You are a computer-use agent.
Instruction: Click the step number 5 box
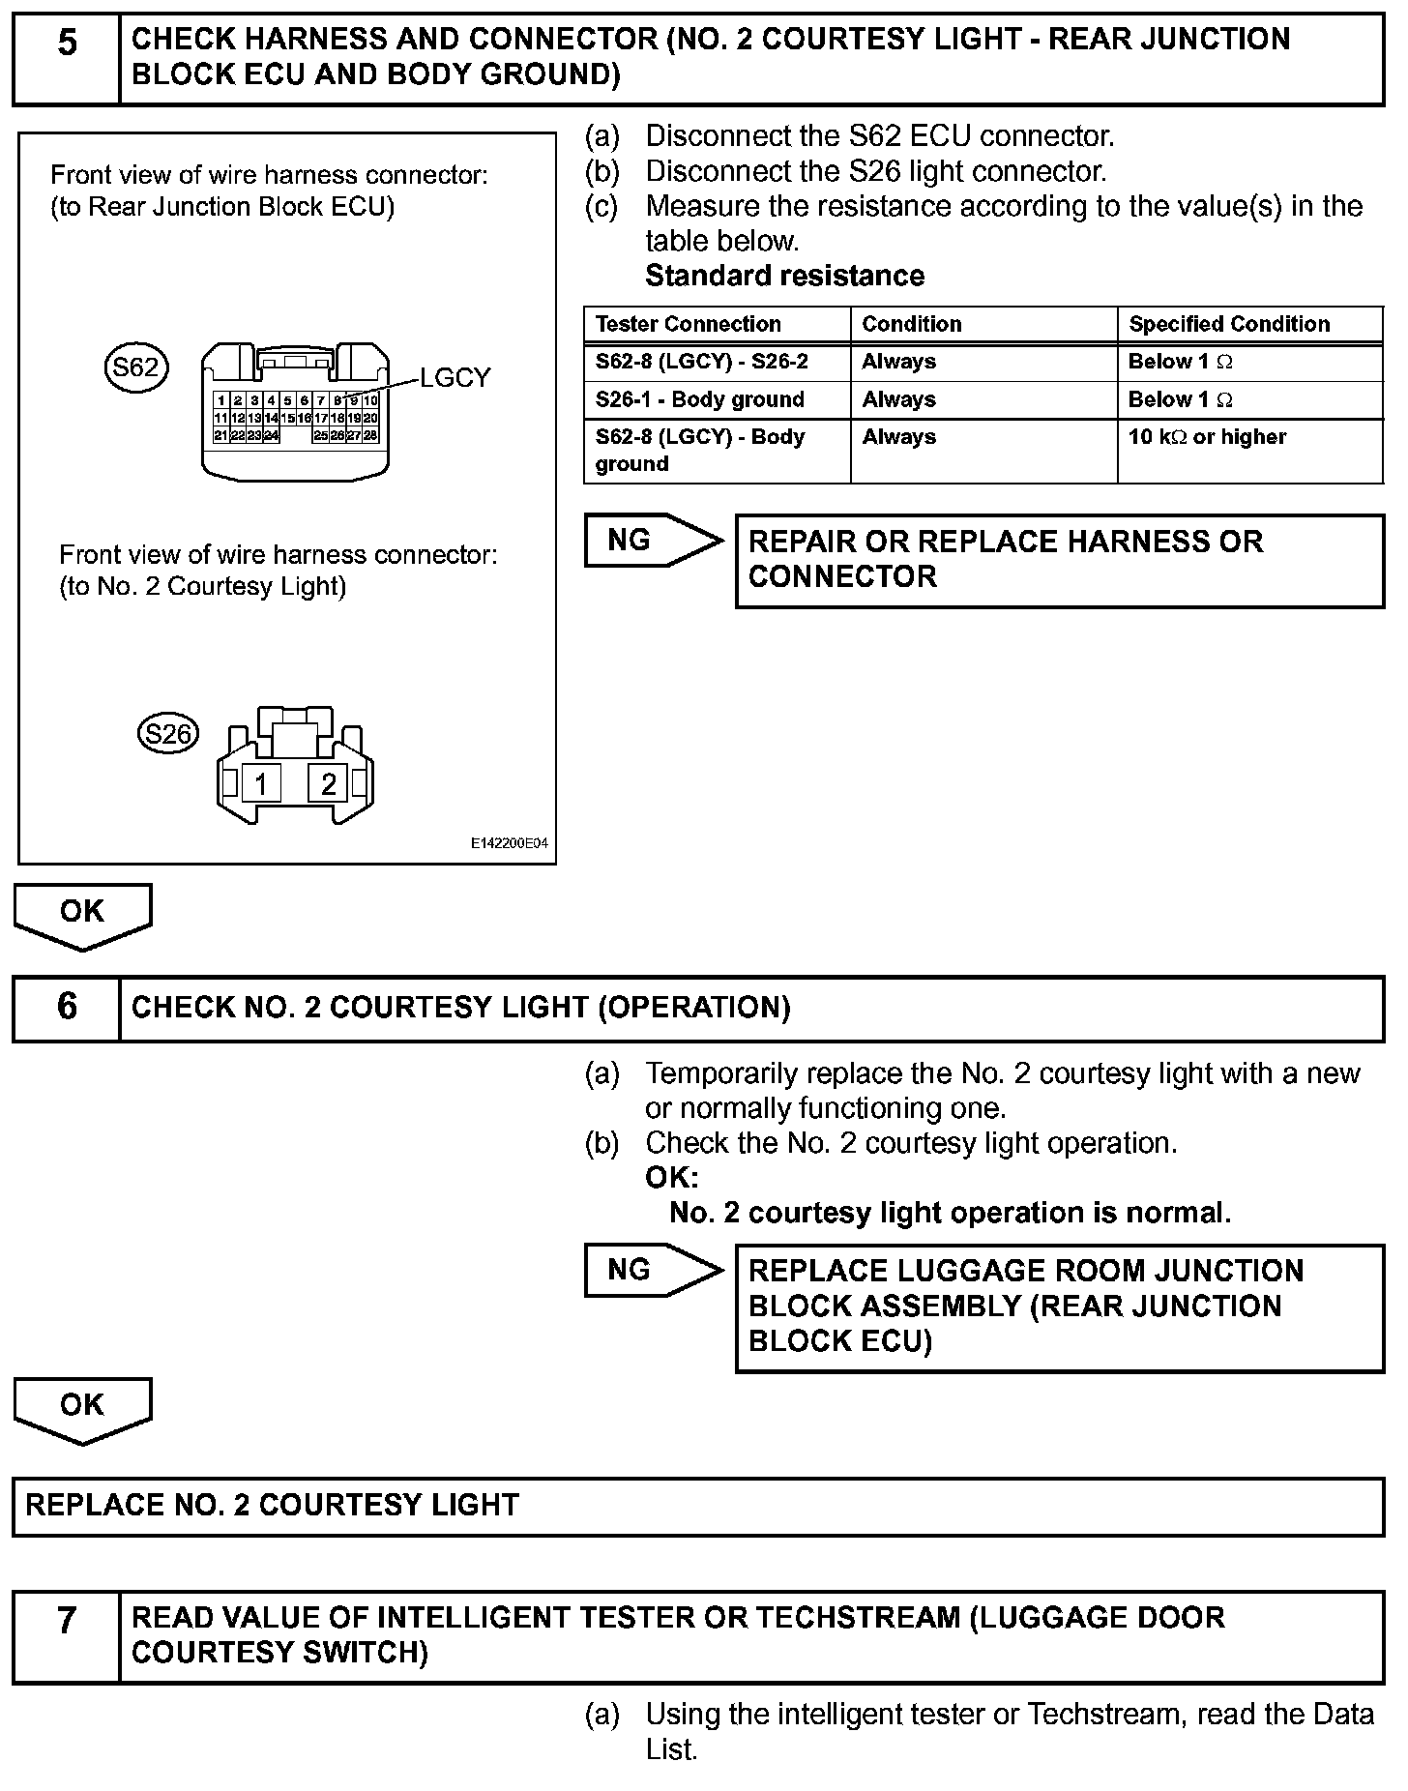point(66,58)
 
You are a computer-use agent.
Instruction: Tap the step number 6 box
point(66,1008)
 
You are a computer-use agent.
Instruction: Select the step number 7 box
point(66,1636)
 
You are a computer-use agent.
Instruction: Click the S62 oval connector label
point(135,367)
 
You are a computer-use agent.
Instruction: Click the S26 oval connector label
point(168,734)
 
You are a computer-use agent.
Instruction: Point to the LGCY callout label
point(455,378)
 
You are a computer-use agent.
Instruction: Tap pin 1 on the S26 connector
point(261,782)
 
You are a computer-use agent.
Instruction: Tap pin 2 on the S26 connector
point(329,782)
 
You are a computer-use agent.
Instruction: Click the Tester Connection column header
point(688,324)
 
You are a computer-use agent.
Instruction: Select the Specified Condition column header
point(1229,324)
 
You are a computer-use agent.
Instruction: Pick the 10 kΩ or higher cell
point(1207,437)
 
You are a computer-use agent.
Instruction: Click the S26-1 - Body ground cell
point(699,399)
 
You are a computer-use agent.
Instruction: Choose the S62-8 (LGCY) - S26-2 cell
point(701,362)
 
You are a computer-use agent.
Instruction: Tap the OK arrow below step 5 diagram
point(82,913)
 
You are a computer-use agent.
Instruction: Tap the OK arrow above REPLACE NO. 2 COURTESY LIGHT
point(82,1406)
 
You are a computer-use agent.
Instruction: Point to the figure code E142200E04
point(509,843)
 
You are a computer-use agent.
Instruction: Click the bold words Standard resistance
point(784,276)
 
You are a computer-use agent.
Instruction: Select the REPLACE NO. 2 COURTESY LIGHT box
point(698,1506)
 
